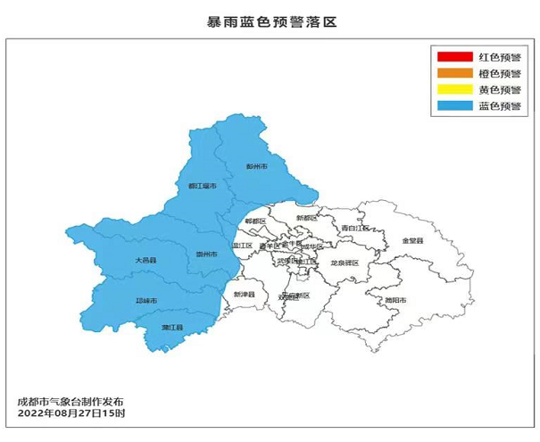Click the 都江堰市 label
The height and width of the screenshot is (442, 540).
(202, 187)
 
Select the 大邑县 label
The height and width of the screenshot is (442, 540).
(145, 260)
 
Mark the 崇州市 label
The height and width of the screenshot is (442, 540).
(207, 254)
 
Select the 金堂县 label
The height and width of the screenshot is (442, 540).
(412, 241)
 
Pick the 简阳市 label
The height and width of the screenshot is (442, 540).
(395, 301)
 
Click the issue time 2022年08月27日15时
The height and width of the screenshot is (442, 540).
(71, 414)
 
